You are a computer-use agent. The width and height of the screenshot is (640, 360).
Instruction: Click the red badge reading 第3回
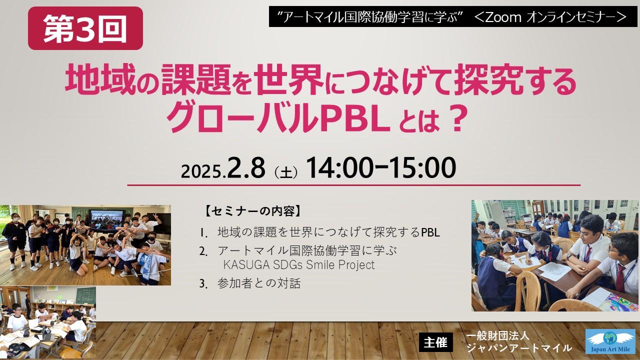(85, 28)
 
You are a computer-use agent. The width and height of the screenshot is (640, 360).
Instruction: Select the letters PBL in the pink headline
(355, 118)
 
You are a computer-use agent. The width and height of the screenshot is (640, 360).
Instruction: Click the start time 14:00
(339, 167)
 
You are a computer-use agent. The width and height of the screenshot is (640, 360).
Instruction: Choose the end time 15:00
(422, 167)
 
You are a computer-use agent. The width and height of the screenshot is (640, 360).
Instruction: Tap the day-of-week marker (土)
(285, 172)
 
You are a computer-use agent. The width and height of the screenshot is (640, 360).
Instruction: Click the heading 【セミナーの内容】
(253, 211)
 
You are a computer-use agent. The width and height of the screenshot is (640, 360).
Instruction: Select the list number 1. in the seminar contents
(203, 233)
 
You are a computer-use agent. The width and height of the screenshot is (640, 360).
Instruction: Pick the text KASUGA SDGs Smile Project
(299, 265)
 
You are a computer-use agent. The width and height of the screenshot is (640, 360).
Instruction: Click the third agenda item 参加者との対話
(259, 283)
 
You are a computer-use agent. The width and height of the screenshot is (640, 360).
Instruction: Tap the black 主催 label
(435, 342)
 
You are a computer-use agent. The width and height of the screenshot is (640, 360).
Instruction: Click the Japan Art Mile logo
(612, 341)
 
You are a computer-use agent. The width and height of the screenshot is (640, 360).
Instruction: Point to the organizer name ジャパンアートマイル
(519, 348)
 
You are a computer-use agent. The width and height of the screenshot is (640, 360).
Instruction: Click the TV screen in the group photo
(106, 220)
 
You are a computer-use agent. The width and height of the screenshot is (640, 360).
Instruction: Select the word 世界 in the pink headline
(289, 79)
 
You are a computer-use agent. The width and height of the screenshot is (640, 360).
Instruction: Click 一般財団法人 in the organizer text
(497, 336)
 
